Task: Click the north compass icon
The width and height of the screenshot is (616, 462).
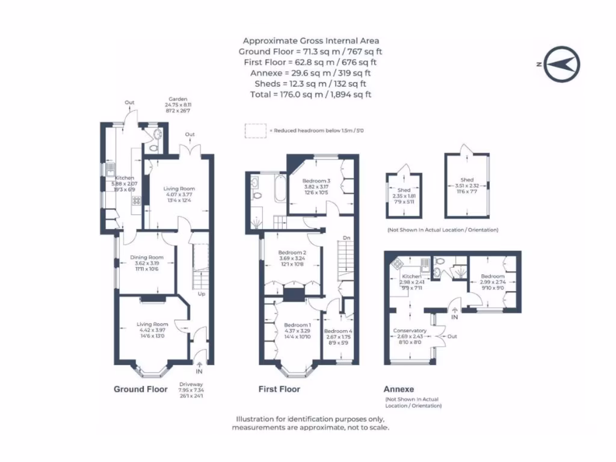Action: pyautogui.click(x=561, y=64)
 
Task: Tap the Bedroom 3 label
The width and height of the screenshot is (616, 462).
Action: pyautogui.click(x=316, y=181)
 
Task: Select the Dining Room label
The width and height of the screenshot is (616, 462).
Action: pyautogui.click(x=147, y=257)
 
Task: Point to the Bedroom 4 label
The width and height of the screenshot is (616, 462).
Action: pyautogui.click(x=338, y=331)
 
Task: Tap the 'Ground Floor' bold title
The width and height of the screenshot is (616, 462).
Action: pyautogui.click(x=141, y=389)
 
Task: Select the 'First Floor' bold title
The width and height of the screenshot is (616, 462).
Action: pyautogui.click(x=279, y=389)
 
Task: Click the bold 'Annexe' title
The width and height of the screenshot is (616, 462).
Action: pyautogui.click(x=399, y=389)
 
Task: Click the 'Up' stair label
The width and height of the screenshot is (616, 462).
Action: pyautogui.click(x=201, y=294)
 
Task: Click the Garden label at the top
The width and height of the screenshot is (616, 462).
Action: pyautogui.click(x=178, y=99)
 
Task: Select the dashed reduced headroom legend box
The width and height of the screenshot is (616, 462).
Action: pyautogui.click(x=256, y=131)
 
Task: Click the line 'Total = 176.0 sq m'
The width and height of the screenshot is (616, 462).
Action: pyautogui.click(x=310, y=94)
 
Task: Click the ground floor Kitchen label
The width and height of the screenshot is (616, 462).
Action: pyautogui.click(x=125, y=178)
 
